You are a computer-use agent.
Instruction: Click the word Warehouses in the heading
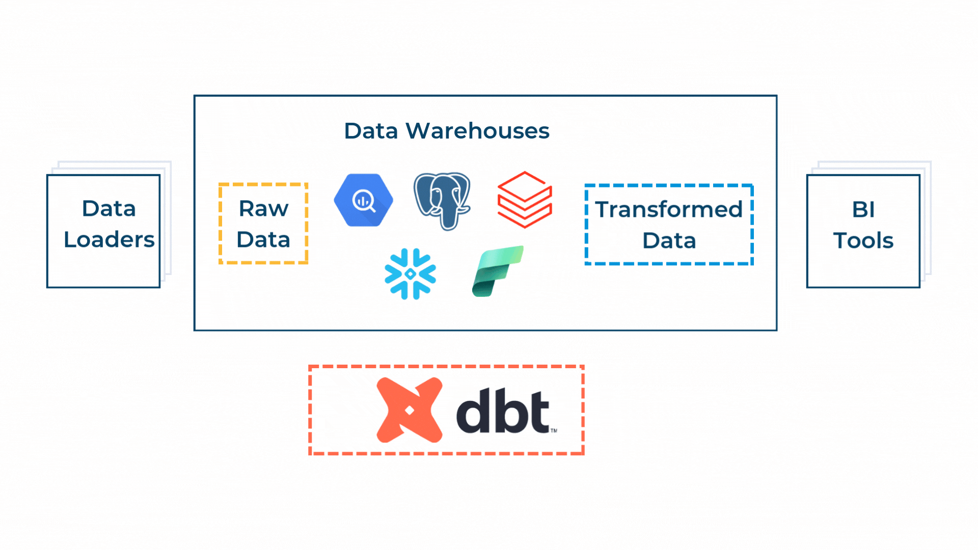tap(477, 131)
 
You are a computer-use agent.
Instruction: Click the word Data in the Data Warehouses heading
tap(371, 131)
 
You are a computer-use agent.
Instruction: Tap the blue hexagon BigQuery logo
tap(364, 200)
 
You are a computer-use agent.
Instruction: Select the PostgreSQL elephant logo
tap(442, 201)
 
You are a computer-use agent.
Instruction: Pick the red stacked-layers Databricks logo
tap(525, 200)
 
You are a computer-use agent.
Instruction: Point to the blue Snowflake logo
tap(410, 274)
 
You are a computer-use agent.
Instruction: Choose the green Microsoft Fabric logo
tap(498, 271)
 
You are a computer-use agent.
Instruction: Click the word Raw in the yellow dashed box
tap(263, 208)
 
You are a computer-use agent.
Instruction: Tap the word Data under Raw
tap(263, 239)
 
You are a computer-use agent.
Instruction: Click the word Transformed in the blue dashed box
tap(669, 209)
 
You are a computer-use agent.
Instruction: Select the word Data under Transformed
tap(669, 240)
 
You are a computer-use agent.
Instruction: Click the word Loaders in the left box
tap(109, 239)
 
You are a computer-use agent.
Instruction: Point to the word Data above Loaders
tap(109, 208)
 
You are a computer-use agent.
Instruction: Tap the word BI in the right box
tap(863, 209)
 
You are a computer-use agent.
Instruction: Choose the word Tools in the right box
tap(863, 240)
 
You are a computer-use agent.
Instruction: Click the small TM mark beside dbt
tap(554, 430)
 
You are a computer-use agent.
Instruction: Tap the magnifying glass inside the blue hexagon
tap(364, 201)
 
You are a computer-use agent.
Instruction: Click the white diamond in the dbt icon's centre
tap(409, 410)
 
